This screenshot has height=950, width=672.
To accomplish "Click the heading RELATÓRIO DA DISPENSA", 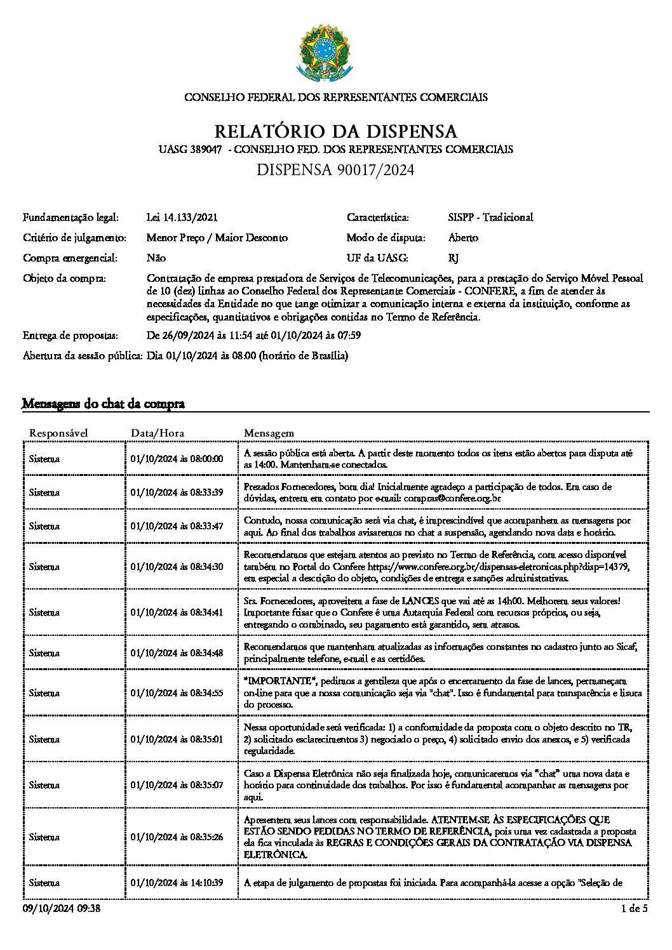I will (335, 131).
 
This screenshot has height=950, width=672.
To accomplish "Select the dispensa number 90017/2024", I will (335, 170).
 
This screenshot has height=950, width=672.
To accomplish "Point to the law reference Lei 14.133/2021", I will (182, 217).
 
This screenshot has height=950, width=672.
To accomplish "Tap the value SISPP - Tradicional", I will (490, 217).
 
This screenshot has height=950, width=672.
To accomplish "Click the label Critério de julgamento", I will (74, 237).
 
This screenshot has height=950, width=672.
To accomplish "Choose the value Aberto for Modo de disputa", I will (463, 237).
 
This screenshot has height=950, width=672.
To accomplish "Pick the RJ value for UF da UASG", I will (453, 258).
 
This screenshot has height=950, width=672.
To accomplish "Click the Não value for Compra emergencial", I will (156, 258).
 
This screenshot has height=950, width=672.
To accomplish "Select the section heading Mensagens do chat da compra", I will (103, 404).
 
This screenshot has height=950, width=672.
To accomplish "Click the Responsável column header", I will (58, 433).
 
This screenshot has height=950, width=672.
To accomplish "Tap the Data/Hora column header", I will (158, 433).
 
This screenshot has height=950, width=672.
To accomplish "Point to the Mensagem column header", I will (269, 433).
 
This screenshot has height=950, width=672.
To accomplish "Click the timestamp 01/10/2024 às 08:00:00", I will (177, 459).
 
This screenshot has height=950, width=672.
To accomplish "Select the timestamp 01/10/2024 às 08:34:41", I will (177, 612).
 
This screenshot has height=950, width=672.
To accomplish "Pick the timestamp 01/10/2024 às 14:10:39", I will (177, 883).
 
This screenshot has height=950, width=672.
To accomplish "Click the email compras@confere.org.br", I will (452, 498).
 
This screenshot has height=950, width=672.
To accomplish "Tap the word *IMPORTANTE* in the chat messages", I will (280, 681).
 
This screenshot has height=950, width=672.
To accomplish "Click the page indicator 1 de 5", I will (635, 909).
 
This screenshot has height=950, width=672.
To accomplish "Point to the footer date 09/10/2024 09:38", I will (62, 909).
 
